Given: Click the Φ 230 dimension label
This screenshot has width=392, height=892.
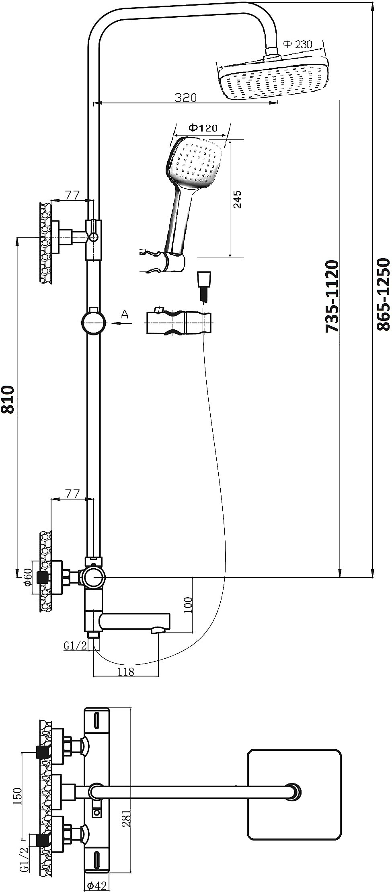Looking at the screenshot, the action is (x=298, y=44).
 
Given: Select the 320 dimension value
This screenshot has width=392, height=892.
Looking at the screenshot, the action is (x=186, y=98).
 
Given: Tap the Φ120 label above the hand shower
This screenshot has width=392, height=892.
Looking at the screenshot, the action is (x=203, y=128).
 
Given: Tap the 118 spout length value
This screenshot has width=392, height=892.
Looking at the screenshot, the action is (x=126, y=672).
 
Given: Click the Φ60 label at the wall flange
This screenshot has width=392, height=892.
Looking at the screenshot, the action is (x=28, y=578).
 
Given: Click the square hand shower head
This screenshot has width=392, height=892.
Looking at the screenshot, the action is (x=195, y=163).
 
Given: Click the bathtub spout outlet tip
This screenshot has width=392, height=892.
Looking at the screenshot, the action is (x=157, y=630).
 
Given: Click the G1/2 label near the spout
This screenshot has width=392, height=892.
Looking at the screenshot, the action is (x=75, y=645).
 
